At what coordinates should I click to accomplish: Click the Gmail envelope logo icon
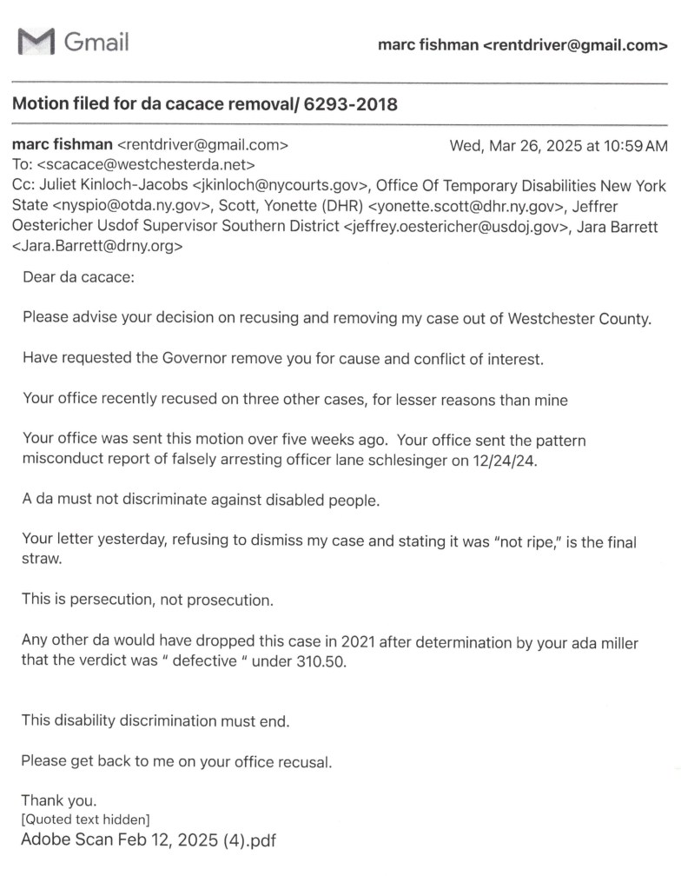[x=36, y=41]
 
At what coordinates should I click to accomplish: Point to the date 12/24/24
[x=506, y=461]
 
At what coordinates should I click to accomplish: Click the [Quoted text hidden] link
[x=85, y=819]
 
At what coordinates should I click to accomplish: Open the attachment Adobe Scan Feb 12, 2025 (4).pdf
[x=149, y=840]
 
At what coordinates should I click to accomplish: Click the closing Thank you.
[x=59, y=800]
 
